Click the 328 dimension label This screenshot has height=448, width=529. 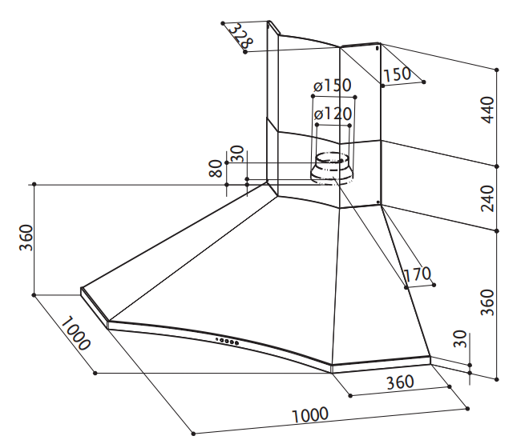pos(240,36)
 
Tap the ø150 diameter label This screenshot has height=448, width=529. pos(333,86)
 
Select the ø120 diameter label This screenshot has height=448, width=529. pos(333,114)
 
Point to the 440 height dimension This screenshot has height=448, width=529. pos(487,110)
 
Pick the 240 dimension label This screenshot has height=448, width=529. pos(487,198)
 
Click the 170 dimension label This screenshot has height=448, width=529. pos(417,274)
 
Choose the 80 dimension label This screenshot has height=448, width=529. pos(216,169)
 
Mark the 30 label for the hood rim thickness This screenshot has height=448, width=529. pos(460,339)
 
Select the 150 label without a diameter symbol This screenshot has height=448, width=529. pos(397,74)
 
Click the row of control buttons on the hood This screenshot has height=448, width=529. pos(228,341)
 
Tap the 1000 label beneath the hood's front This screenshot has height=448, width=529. pos(309,415)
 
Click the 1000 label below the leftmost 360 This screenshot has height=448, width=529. pos(75,333)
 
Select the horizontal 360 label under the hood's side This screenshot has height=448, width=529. pos(400,382)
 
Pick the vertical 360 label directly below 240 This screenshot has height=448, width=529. pos(487,302)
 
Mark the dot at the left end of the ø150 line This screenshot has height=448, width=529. pos(313,96)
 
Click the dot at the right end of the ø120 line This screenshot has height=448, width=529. pos(349,126)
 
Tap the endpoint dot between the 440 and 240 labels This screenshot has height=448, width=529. pos(497,166)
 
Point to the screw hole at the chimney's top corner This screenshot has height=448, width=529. pos(378,48)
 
